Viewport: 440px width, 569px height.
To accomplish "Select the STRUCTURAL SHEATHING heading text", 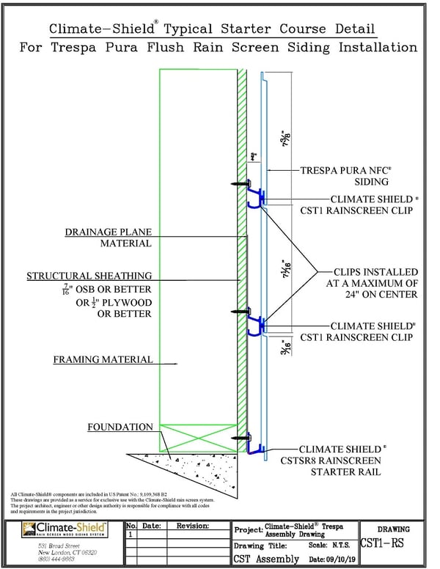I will (x=89, y=276).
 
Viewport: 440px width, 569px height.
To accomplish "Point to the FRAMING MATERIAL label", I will (x=103, y=360).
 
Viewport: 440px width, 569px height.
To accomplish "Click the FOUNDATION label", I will (x=120, y=427).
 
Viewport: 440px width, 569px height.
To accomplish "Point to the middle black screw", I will (x=239, y=311).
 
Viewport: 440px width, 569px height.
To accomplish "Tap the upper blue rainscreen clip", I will (x=256, y=196).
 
